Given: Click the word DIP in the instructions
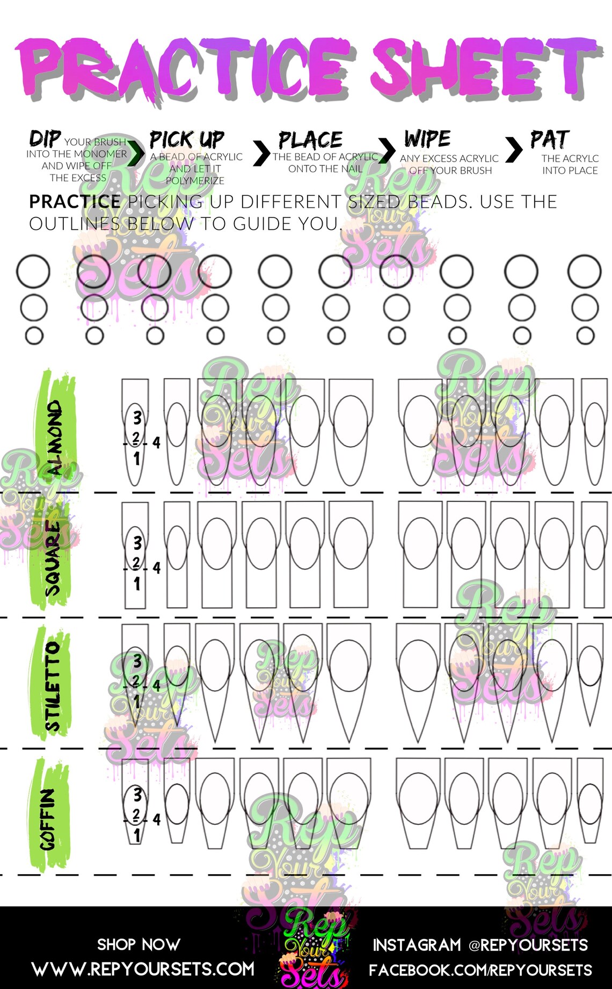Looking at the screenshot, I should click(45, 139).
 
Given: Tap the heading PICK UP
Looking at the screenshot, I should click(187, 140).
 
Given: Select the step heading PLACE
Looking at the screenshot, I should click(310, 140).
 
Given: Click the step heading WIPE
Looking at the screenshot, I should click(427, 139).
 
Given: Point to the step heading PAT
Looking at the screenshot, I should click(549, 140).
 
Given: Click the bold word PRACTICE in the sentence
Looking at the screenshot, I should click(75, 202).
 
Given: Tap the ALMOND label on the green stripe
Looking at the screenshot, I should click(55, 438).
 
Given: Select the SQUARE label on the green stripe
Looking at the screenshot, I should click(53, 558).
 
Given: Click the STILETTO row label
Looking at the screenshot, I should click(53, 686).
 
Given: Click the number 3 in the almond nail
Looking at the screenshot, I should click(137, 417).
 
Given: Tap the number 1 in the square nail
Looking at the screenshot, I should click(137, 584).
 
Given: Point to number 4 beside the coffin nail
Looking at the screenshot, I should click(156, 819).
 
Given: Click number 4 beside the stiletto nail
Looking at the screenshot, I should click(156, 686).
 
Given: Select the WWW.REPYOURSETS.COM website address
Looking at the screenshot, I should click(143, 969).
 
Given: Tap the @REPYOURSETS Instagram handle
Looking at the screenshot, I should click(528, 945).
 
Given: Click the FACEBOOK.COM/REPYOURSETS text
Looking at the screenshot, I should click(480, 970).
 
